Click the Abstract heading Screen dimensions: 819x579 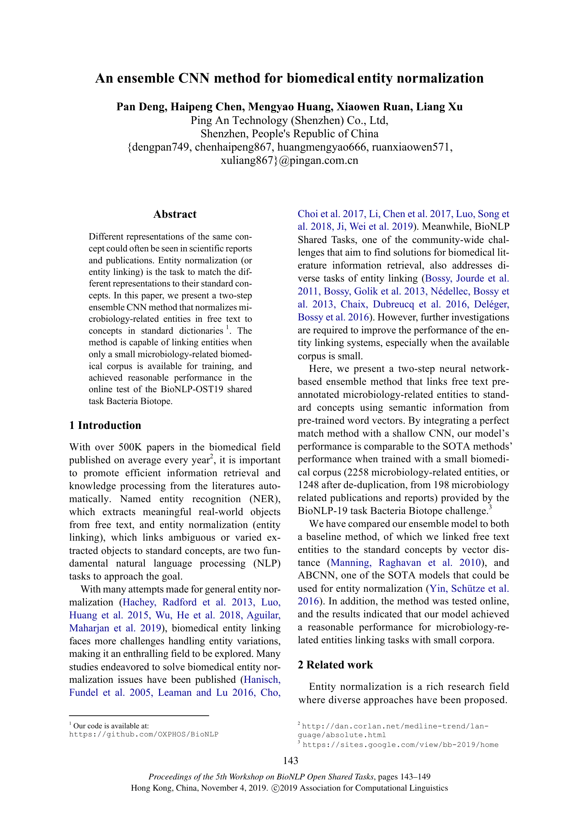click(175, 214)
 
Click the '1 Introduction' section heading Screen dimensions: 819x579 click(105, 425)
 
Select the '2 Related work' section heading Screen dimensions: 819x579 click(335, 665)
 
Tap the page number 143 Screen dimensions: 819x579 click(290, 761)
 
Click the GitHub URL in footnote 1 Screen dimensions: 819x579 click(143, 735)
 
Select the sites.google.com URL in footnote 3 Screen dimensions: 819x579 click(400, 745)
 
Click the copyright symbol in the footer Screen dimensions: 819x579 click(275, 788)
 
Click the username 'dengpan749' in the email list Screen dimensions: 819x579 click(160, 147)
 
